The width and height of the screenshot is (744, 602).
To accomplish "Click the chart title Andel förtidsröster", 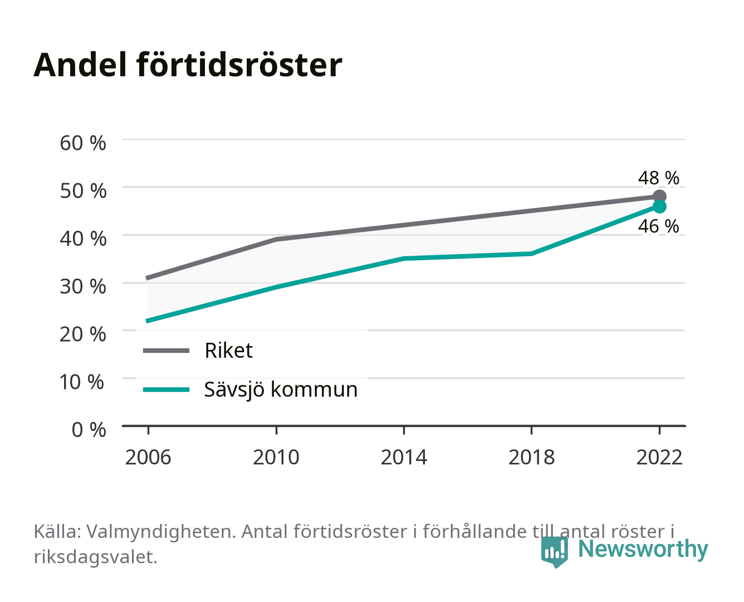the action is [x=188, y=65].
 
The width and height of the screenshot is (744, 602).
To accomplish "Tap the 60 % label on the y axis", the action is [x=83, y=143].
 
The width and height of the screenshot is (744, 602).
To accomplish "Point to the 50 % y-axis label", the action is [x=83, y=191].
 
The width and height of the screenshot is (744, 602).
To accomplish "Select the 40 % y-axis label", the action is [x=83, y=239].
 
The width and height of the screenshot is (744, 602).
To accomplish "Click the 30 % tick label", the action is [x=83, y=287].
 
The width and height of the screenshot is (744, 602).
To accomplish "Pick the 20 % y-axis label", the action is [x=83, y=334].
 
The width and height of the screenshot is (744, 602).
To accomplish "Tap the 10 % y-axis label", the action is [x=82, y=382].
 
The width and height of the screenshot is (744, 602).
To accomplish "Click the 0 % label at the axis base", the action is [x=89, y=430].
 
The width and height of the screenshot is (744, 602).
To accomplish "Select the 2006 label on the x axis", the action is [x=148, y=457].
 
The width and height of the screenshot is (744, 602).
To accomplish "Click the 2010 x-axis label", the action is [x=276, y=457].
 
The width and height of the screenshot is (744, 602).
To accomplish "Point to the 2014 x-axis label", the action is [x=404, y=457].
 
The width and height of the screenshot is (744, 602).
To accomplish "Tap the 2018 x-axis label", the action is [x=532, y=457].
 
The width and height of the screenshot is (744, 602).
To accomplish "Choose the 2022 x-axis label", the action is [x=659, y=457].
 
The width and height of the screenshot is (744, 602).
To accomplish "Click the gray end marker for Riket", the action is [x=659, y=197].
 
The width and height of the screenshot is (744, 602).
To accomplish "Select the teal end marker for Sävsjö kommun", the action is [x=659, y=207].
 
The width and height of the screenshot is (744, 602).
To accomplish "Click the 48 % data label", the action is [x=659, y=178].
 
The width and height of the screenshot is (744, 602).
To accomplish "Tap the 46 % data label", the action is [x=659, y=226].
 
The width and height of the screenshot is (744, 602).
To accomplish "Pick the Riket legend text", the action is [x=228, y=350].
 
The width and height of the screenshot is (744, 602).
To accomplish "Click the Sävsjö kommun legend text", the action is [x=281, y=390].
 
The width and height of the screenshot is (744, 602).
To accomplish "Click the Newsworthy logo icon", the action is [x=554, y=552].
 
